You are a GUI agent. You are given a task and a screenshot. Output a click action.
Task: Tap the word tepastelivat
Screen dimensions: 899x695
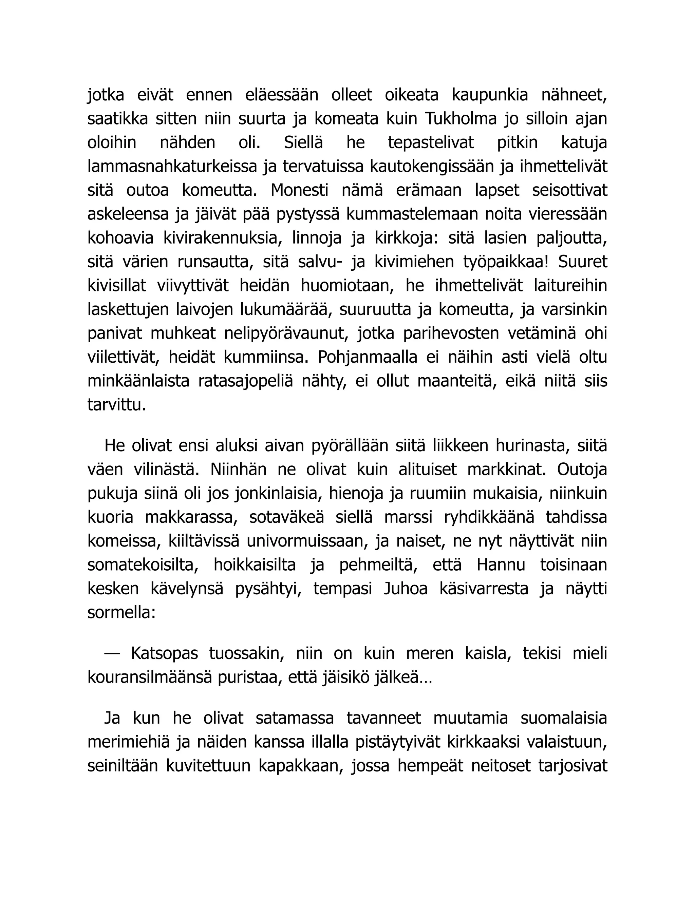point(431,143)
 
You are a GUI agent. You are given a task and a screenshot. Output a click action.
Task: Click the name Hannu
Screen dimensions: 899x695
point(501,565)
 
